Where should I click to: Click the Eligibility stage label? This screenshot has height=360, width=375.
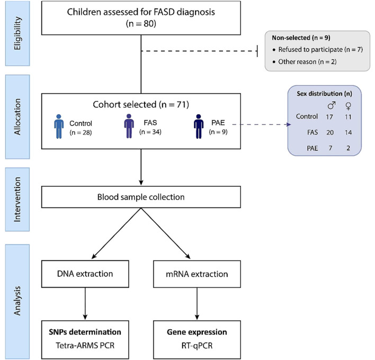click(17, 33)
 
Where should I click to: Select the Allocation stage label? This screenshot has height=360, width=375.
click(17, 117)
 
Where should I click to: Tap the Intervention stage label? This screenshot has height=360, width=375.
click(17, 200)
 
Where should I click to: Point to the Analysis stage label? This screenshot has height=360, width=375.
click(17, 301)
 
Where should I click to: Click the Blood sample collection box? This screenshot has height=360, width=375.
click(141, 197)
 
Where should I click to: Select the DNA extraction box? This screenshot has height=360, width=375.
click(85, 274)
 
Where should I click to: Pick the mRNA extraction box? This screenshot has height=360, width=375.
click(197, 274)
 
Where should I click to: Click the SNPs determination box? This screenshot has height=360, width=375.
click(85, 340)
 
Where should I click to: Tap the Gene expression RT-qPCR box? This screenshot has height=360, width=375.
click(197, 340)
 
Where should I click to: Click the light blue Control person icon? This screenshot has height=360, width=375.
click(59, 127)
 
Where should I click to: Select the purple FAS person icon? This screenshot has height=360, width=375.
click(129, 126)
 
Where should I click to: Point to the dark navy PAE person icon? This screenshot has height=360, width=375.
click(199, 127)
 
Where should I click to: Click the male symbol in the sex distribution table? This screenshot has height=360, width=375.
click(331, 105)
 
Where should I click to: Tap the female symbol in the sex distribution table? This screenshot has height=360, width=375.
click(349, 106)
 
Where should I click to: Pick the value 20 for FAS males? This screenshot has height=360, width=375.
click(330, 132)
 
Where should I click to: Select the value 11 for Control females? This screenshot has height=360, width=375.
click(348, 117)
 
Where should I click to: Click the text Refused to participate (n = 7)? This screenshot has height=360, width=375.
click(320, 49)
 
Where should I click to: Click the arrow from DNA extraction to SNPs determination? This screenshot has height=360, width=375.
click(85, 303)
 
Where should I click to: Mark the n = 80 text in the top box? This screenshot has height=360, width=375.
click(141, 24)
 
